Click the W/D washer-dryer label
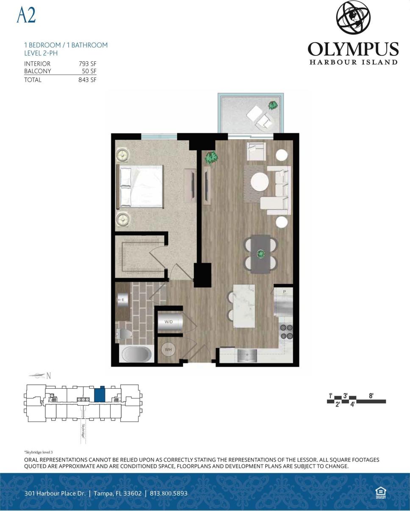[x=169, y=322]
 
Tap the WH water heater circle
[x=168, y=349]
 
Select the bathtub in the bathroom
[x=136, y=354]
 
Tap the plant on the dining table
[x=260, y=254]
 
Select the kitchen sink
[x=247, y=355]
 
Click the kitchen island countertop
[x=244, y=305]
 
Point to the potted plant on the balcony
[x=273, y=105]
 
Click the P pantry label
[x=285, y=292]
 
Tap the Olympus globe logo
[x=353, y=18]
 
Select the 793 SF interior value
[x=88, y=64]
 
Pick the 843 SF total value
[x=87, y=80]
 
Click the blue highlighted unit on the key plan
[x=100, y=395]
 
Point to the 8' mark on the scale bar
[x=371, y=396]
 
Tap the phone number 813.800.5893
[x=169, y=493]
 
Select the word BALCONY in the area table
[x=38, y=71]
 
